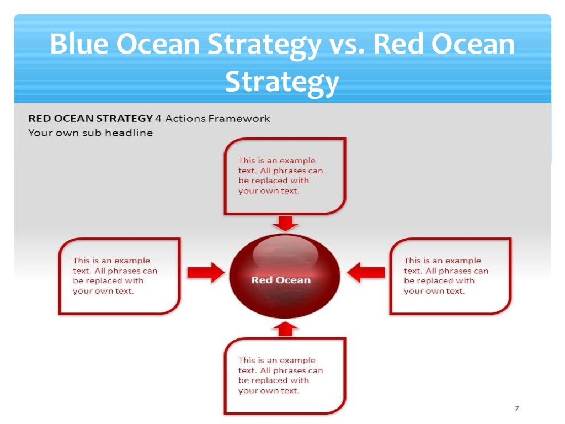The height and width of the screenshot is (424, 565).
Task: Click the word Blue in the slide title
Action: click(x=78, y=45)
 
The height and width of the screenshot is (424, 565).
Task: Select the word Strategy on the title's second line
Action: click(x=281, y=81)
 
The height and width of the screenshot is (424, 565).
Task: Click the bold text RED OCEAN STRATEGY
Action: click(x=90, y=118)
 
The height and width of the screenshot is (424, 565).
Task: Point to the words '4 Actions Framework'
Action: click(x=213, y=118)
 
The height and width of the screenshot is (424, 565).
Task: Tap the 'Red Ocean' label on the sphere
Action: click(x=281, y=280)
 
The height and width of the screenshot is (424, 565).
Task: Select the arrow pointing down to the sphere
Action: click(x=285, y=222)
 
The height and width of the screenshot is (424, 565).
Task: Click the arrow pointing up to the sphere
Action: click(x=285, y=330)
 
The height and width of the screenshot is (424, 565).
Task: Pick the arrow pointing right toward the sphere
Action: click(x=205, y=272)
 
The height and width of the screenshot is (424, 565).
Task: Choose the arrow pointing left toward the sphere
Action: click(x=366, y=272)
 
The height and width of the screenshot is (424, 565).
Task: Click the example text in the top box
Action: click(x=280, y=176)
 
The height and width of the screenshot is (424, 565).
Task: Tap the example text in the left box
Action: click(x=115, y=275)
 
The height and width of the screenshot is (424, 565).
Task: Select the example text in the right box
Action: click(x=446, y=275)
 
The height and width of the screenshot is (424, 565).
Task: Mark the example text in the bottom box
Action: click(x=280, y=375)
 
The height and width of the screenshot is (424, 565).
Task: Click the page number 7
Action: click(x=516, y=409)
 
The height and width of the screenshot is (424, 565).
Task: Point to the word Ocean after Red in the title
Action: click(x=472, y=45)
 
